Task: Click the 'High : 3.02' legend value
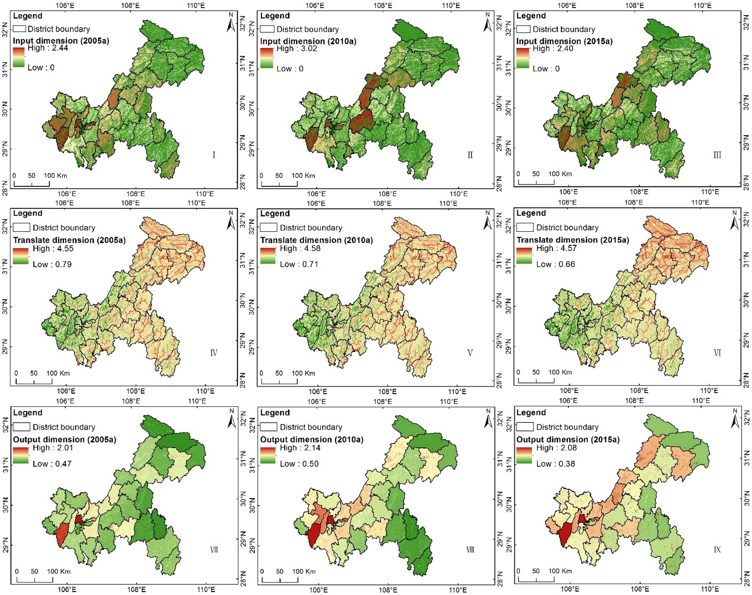[297, 49]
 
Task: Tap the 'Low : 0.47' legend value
[52, 464]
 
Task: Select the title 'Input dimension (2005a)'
[61, 41]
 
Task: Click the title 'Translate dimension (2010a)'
[316, 240]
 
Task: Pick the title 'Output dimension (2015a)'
[567, 439]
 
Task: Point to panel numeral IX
[717, 550]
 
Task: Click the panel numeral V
[470, 353]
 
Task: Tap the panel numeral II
[470, 155]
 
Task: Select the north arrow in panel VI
[734, 221]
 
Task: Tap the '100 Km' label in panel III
[560, 174]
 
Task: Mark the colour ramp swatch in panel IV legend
[21, 256]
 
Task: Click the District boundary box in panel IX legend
[525, 427]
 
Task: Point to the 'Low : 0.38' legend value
[555, 464]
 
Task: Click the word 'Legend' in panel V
[275, 213]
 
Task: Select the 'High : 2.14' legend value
[300, 448]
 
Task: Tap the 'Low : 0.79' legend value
[52, 264]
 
